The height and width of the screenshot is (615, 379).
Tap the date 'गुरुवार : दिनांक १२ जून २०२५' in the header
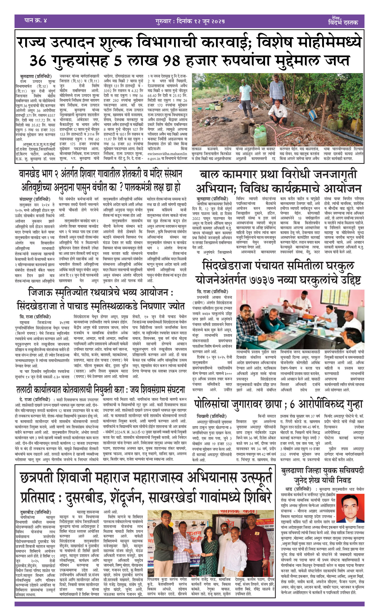190,21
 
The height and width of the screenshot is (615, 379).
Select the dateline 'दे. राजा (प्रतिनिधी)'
35,400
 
